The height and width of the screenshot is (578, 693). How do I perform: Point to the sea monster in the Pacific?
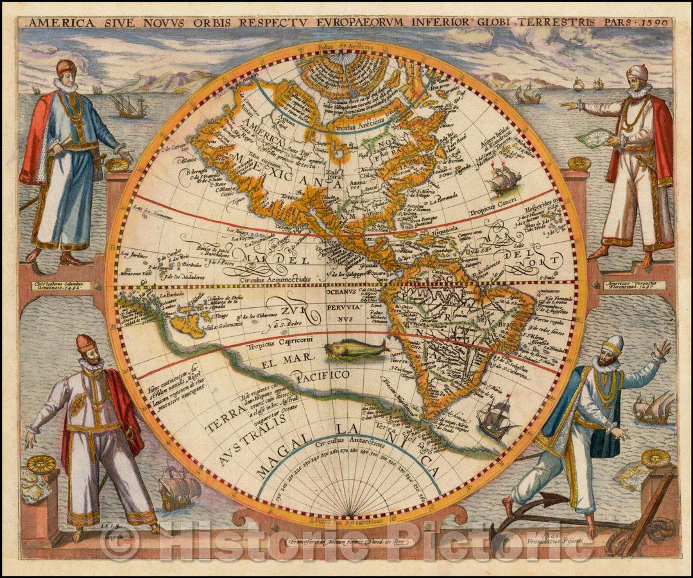(x=356, y=350)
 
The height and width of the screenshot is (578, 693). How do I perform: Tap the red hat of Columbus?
(x=65, y=67)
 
